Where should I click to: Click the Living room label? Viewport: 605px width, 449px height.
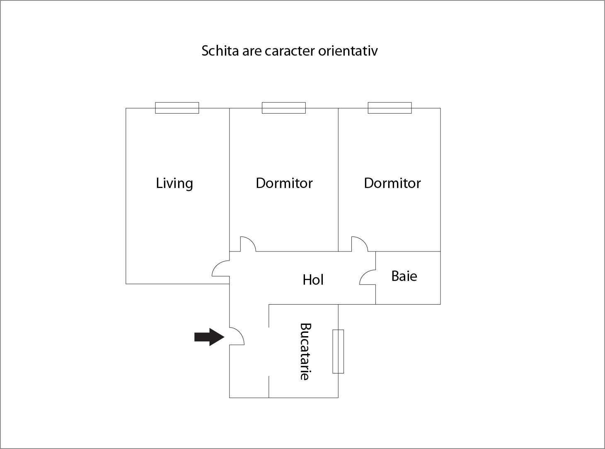pyautogui.click(x=174, y=183)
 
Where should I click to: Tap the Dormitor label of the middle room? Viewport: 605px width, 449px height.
pyautogui.click(x=284, y=183)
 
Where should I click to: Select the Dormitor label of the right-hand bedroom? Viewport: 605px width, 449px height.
pyautogui.click(x=392, y=183)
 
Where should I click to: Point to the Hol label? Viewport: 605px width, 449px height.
pyautogui.click(x=313, y=280)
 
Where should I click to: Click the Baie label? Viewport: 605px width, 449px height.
pyautogui.click(x=404, y=276)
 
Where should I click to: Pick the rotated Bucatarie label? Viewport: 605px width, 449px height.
pyautogui.click(x=305, y=352)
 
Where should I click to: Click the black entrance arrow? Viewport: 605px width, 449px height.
pyautogui.click(x=209, y=337)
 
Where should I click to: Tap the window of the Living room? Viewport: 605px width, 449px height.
pyautogui.click(x=177, y=108)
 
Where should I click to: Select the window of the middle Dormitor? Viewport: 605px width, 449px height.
pyautogui.click(x=284, y=108)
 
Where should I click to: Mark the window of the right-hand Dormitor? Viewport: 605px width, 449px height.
pyautogui.click(x=390, y=108)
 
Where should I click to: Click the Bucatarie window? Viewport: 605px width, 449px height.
pyautogui.click(x=338, y=351)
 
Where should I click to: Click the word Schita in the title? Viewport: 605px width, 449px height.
pyautogui.click(x=220, y=51)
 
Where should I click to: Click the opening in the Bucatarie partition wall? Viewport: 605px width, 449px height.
pyautogui.click(x=269, y=351)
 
